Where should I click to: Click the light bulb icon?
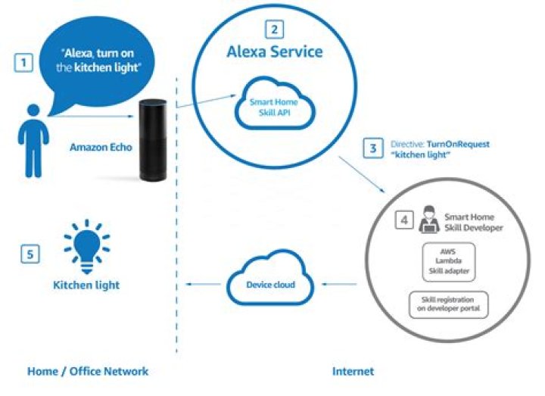click(x=86, y=247)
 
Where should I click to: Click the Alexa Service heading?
click(x=275, y=52)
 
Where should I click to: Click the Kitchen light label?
click(x=86, y=285)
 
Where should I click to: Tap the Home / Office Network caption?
click(x=88, y=371)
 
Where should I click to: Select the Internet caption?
click(x=353, y=371)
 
